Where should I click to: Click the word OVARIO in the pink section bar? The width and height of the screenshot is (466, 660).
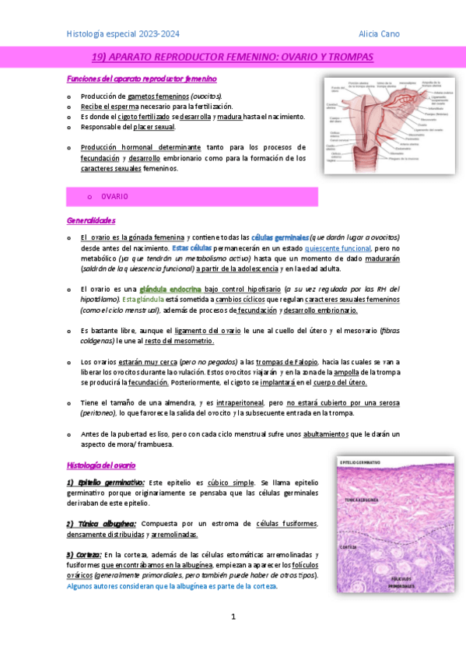114,196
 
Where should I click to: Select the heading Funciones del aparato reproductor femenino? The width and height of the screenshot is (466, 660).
142,79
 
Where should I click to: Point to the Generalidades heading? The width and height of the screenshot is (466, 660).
91,220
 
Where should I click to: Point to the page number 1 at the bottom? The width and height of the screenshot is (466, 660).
233,616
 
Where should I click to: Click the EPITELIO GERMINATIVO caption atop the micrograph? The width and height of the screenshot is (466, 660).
363,463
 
